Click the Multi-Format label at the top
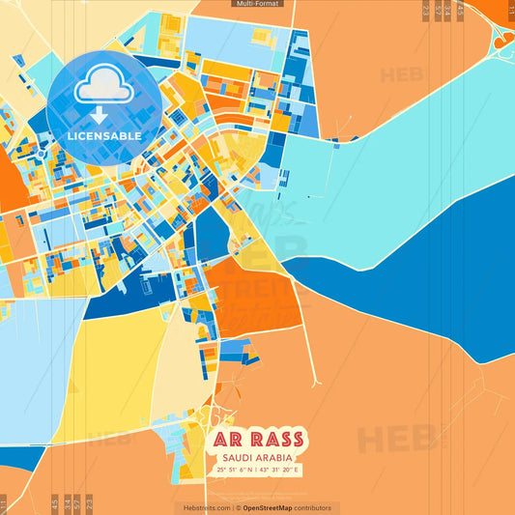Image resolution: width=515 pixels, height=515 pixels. (257, 4)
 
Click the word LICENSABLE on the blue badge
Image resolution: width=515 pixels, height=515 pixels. (104, 136)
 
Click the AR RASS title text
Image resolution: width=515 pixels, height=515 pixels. (258, 441)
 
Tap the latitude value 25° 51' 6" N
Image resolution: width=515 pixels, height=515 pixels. (235, 470)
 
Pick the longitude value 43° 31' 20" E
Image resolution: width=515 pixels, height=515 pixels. (281, 470)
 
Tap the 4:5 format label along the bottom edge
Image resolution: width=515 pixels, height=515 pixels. (54, 502)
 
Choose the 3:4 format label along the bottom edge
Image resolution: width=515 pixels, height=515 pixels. (66, 502)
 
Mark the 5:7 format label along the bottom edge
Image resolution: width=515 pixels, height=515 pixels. (77, 502)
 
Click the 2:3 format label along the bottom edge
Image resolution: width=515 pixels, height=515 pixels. (89, 502)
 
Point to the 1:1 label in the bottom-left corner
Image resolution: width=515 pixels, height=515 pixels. (4, 502)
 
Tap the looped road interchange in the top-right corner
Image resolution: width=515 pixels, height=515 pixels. (502, 36)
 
